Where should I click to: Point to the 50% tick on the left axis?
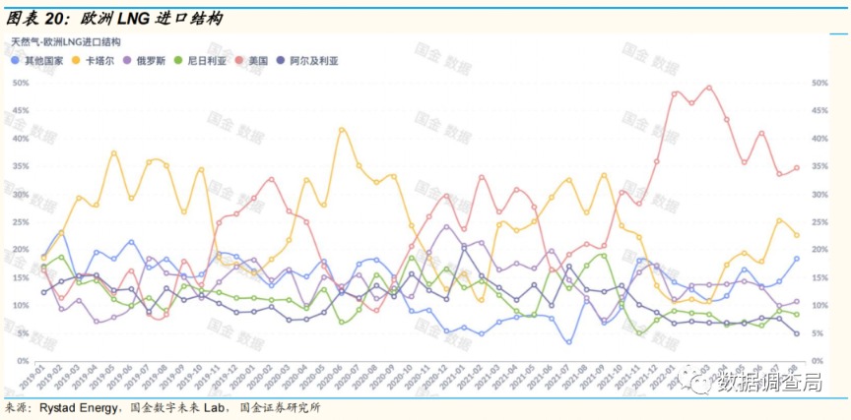point(19,83)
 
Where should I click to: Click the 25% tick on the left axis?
point(19,221)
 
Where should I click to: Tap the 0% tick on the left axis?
point(22,361)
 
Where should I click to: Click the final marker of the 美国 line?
point(796,168)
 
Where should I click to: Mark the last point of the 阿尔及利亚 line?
point(796,334)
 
